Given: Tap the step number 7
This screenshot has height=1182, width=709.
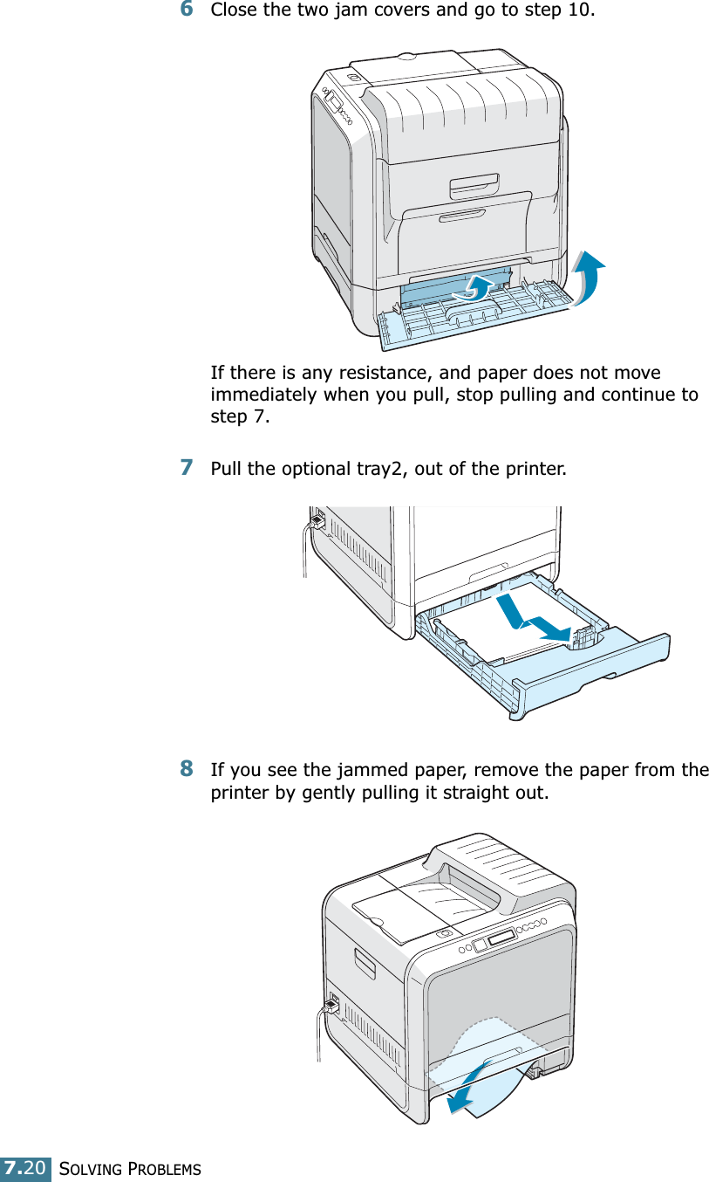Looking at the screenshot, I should click(x=187, y=467).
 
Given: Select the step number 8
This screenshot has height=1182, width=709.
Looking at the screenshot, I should click(x=187, y=769).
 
